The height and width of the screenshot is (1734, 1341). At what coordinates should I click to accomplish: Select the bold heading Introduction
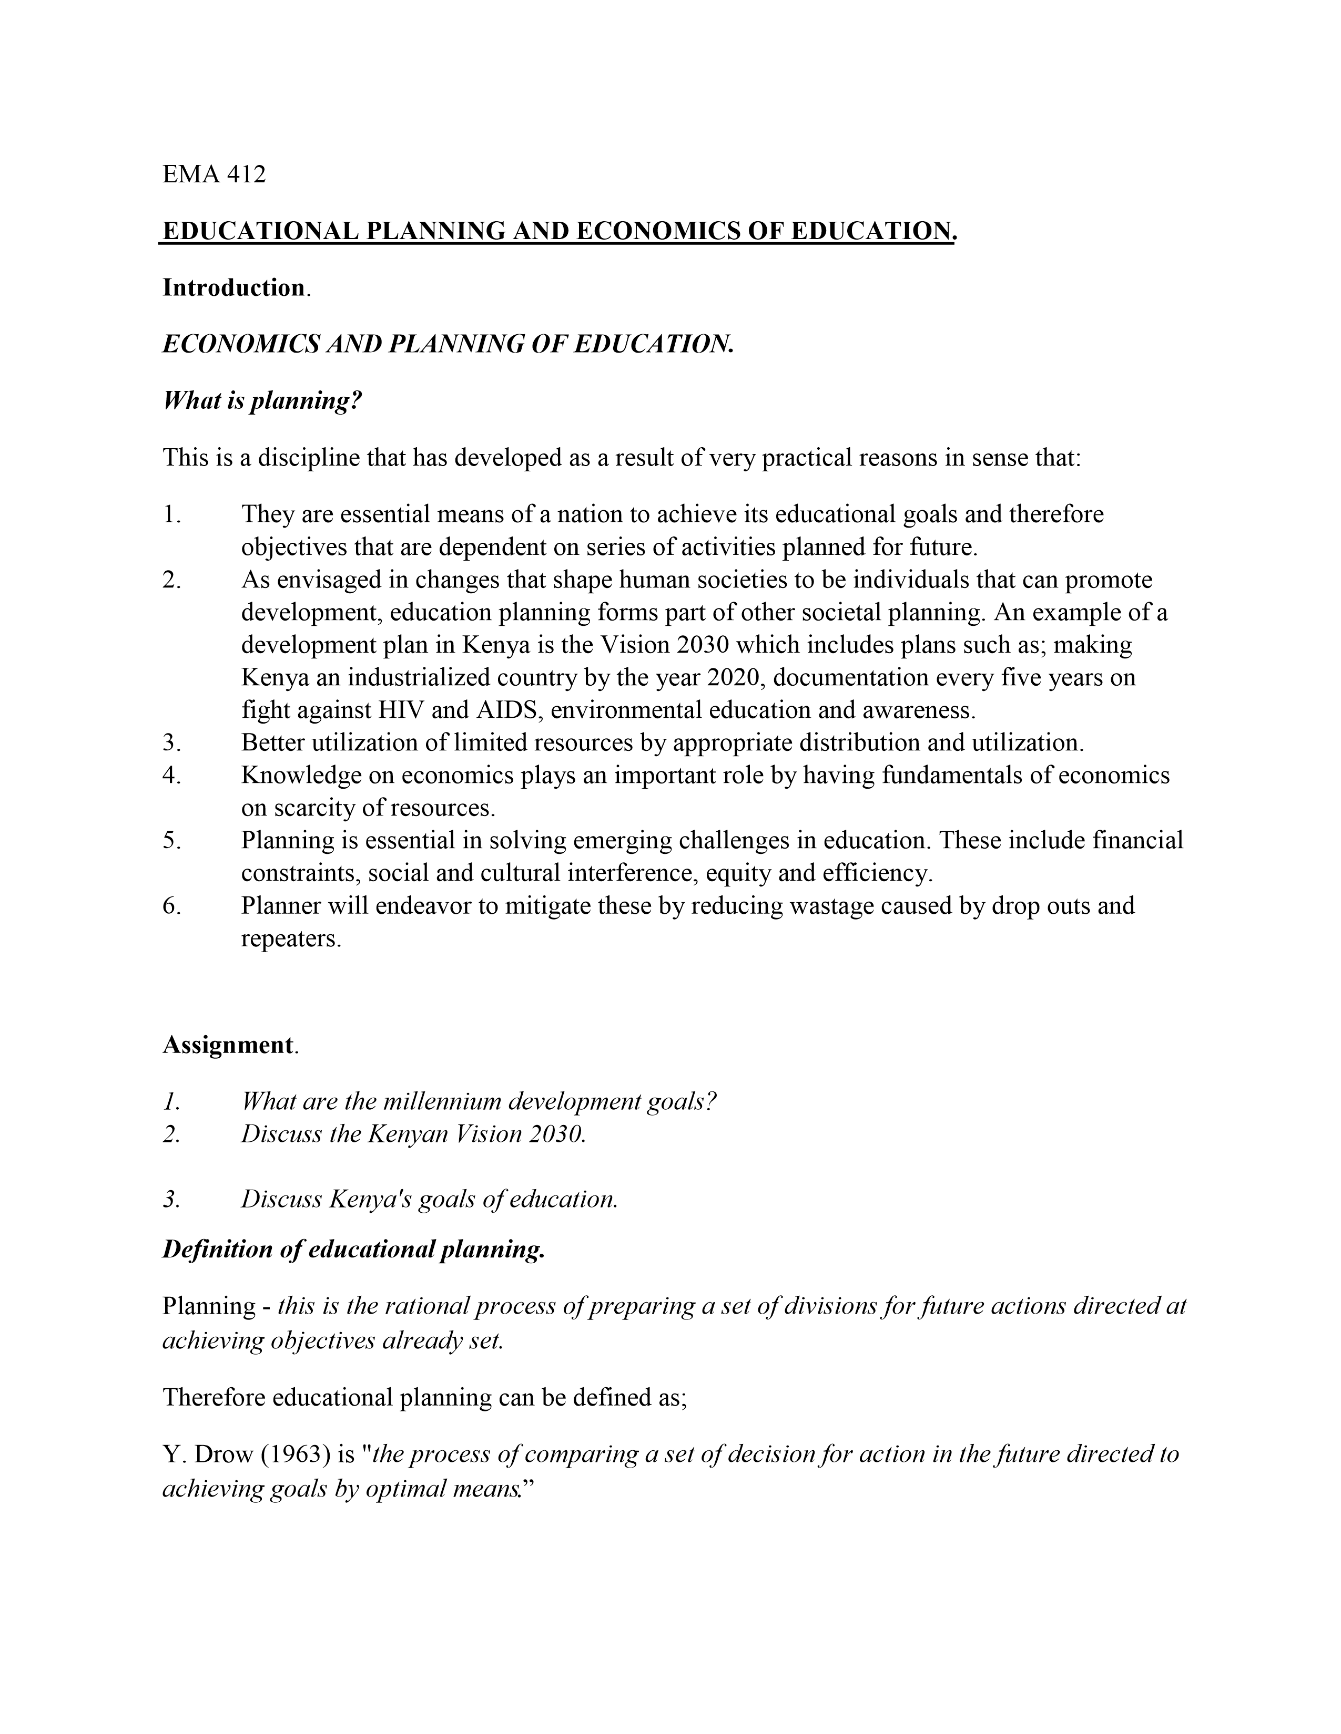coord(233,287)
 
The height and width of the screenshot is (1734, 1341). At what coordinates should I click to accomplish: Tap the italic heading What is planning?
coord(262,401)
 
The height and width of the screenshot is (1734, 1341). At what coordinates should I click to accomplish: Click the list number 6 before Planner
coord(171,906)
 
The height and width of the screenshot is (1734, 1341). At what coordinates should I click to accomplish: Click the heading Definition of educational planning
coord(353,1250)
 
